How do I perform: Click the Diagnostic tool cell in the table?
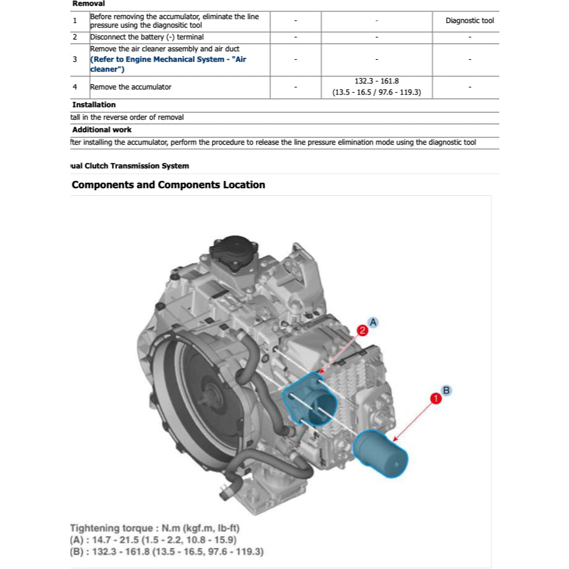(x=469, y=20)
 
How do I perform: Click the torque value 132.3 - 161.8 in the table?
(x=377, y=81)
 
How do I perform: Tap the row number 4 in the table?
(x=75, y=87)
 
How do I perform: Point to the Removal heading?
(x=88, y=4)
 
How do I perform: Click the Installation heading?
(x=93, y=105)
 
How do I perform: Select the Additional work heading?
(x=101, y=130)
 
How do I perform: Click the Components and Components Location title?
(x=168, y=185)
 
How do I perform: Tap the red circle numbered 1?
(x=435, y=398)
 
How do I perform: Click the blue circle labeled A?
(x=374, y=322)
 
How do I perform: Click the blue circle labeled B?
(x=446, y=390)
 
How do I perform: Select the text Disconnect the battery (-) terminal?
(x=147, y=37)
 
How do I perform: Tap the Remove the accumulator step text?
(x=130, y=87)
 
